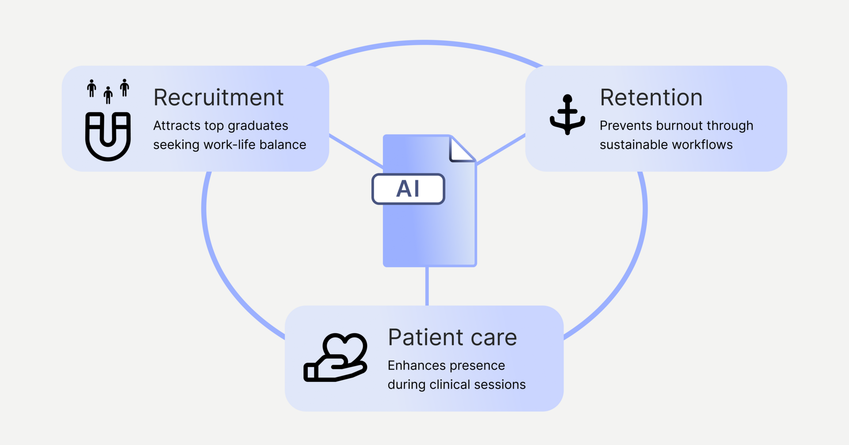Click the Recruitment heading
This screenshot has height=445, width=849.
point(218,98)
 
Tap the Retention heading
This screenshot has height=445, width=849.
point(651,98)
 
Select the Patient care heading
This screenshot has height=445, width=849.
point(452,338)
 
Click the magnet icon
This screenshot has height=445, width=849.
point(108,136)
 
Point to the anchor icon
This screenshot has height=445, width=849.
point(567,114)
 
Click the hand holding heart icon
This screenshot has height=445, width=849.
point(336,358)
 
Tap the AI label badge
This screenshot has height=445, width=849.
point(408,189)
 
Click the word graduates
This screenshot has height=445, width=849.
point(258,126)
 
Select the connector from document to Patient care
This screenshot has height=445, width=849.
point(427,286)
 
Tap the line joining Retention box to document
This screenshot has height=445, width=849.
point(501,150)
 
